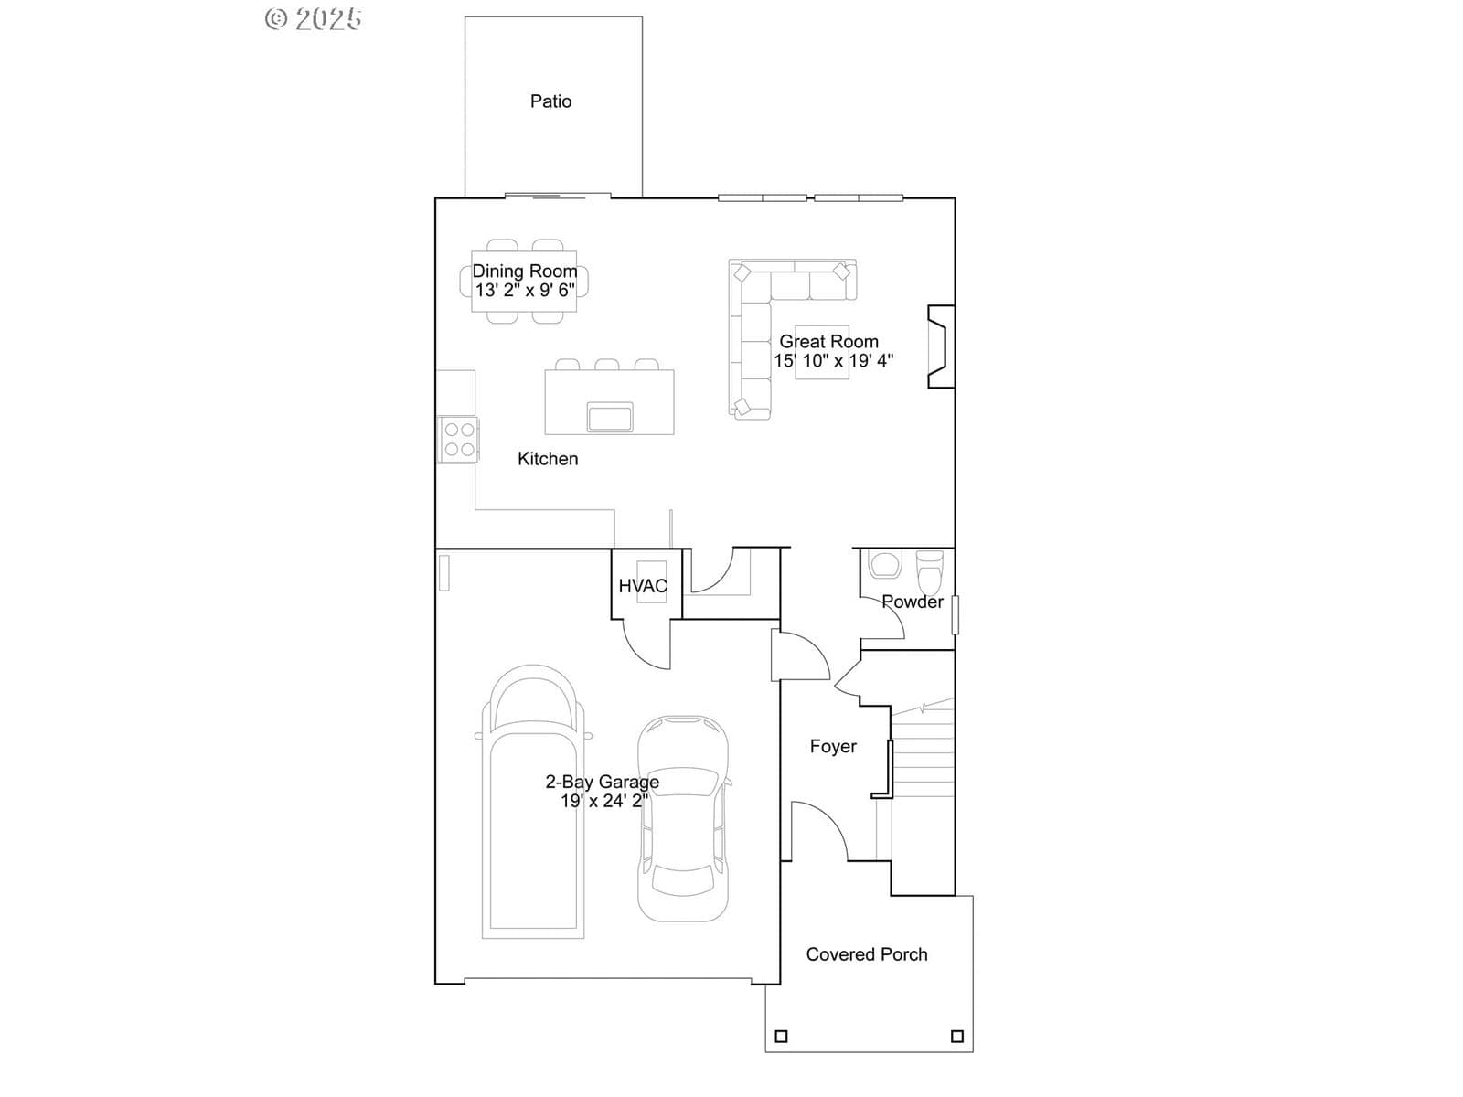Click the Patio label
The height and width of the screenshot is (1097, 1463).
pos(550,101)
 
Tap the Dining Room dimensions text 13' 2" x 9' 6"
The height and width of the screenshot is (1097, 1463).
pos(525,291)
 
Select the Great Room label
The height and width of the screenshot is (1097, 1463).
pos(828,342)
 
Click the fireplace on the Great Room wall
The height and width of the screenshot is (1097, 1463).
pos(941,346)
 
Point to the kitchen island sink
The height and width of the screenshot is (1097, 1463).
pos(609,417)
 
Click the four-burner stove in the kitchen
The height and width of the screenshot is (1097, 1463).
pos(459,440)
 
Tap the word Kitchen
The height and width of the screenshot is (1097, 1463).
pos(548,459)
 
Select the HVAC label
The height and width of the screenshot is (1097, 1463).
pos(643,586)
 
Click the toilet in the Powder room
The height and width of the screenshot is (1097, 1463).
pos(929,571)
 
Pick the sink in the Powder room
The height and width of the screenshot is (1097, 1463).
pos(884,564)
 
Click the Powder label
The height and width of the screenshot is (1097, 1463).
pos(912,602)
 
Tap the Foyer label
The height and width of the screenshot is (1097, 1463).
pos(833,747)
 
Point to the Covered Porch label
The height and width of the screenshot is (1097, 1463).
pos(867,954)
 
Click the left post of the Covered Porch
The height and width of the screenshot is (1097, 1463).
pos(781,1037)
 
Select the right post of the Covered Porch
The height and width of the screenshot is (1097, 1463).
pos(957,1037)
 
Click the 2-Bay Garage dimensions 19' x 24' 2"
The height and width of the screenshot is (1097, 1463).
pos(603,801)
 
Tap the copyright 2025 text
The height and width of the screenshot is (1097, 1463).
pos(314,18)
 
